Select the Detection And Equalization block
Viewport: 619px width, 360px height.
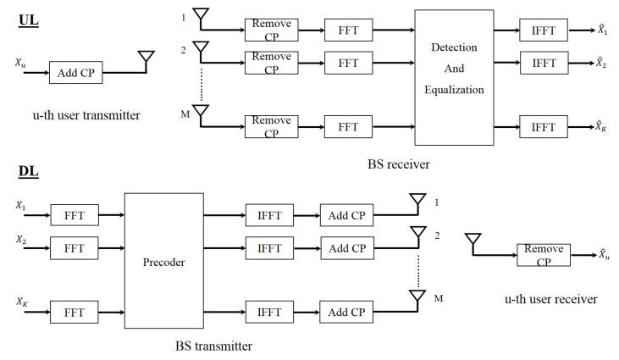(454, 77)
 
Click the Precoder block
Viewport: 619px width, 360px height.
(163, 261)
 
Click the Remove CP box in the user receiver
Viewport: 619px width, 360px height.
(543, 253)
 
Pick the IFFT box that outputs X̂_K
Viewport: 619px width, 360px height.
(544, 127)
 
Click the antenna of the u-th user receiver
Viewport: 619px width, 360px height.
(473, 241)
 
